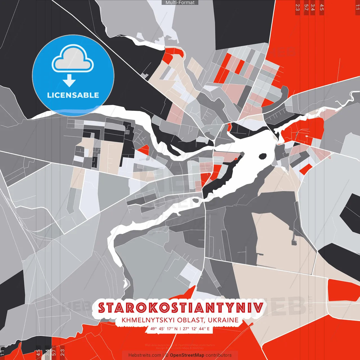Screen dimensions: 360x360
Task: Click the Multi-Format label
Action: click(x=180, y=3)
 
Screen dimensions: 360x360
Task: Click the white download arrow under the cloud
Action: click(x=69, y=81)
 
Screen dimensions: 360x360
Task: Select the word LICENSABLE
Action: click(x=73, y=95)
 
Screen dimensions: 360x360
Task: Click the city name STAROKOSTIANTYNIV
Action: click(x=181, y=308)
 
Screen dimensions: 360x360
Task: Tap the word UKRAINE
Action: click(x=224, y=320)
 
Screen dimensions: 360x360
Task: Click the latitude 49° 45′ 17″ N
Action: click(x=164, y=329)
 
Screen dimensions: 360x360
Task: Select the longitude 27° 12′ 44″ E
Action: click(x=196, y=329)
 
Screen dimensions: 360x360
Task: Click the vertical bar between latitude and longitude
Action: click(x=180, y=329)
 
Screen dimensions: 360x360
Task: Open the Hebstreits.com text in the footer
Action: click(x=145, y=355)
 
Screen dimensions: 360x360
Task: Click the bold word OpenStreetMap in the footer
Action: click(x=187, y=355)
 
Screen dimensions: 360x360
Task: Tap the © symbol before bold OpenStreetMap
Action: click(x=167, y=355)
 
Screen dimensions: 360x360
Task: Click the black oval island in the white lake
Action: click(x=262, y=156)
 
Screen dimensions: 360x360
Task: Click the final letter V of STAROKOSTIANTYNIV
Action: click(x=259, y=308)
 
